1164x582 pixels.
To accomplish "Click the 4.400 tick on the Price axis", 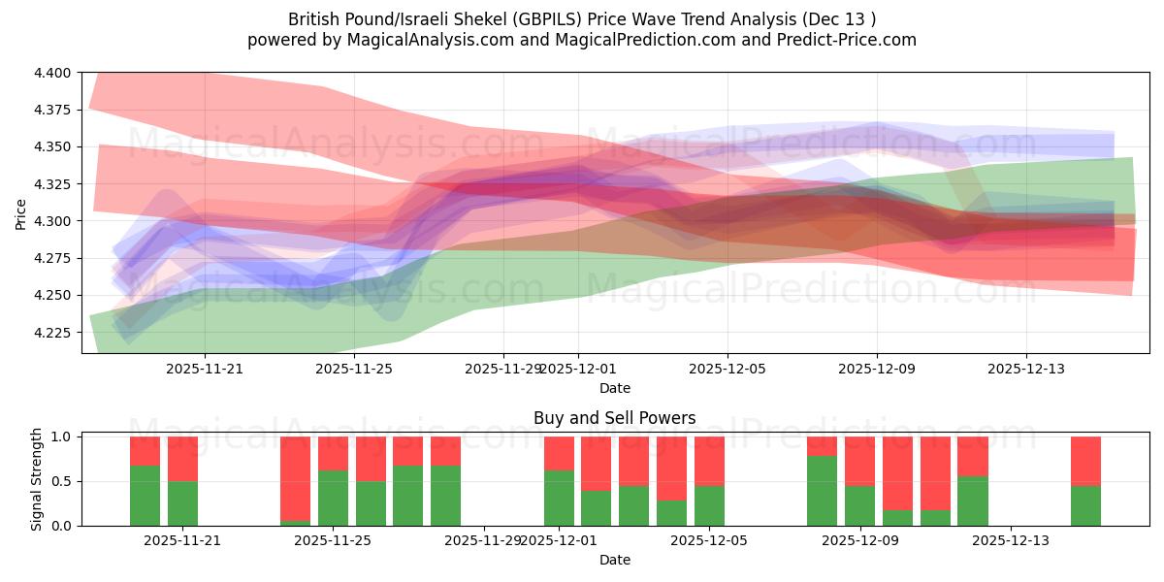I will [53, 73].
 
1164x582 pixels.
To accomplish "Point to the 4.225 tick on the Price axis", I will [53, 333].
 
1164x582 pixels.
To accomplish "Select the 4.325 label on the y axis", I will [53, 184].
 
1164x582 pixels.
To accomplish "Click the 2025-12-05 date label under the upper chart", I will [727, 369].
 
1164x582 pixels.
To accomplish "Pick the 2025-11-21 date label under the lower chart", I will [182, 540].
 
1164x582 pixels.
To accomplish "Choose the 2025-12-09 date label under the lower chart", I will [860, 540].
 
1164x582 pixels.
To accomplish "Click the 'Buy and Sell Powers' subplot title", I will [614, 419].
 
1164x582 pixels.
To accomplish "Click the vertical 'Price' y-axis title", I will [21, 212].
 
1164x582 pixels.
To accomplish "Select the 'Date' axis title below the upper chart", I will [614, 388].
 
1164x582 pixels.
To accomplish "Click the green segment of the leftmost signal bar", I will [145, 496].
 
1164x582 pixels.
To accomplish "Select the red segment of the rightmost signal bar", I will [1085, 461].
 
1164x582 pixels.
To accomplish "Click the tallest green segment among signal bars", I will [822, 491].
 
